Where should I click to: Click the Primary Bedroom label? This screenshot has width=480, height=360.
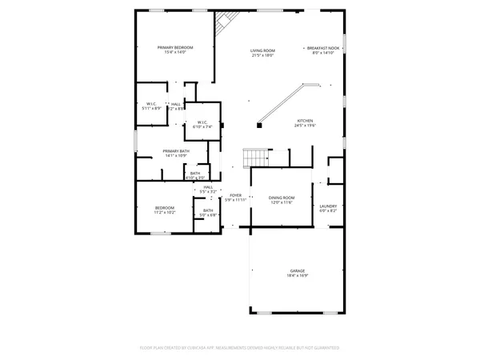pos(175,48)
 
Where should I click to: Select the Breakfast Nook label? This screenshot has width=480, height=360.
pos(323,48)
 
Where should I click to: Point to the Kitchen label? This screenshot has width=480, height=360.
pos(306,121)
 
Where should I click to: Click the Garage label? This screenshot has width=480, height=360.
pos(297,271)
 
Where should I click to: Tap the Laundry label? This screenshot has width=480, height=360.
pos(328,206)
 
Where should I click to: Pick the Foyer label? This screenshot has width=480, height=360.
pos(235,195)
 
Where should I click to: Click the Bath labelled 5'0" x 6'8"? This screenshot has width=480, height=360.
pos(208,210)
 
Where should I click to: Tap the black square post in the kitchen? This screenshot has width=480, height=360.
pos(259,124)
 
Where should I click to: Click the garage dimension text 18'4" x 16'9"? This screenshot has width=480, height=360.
pos(297,275)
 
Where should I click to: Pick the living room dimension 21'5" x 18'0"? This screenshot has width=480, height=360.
pos(262,55)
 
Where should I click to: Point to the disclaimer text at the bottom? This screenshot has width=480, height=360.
pos(239,348)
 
